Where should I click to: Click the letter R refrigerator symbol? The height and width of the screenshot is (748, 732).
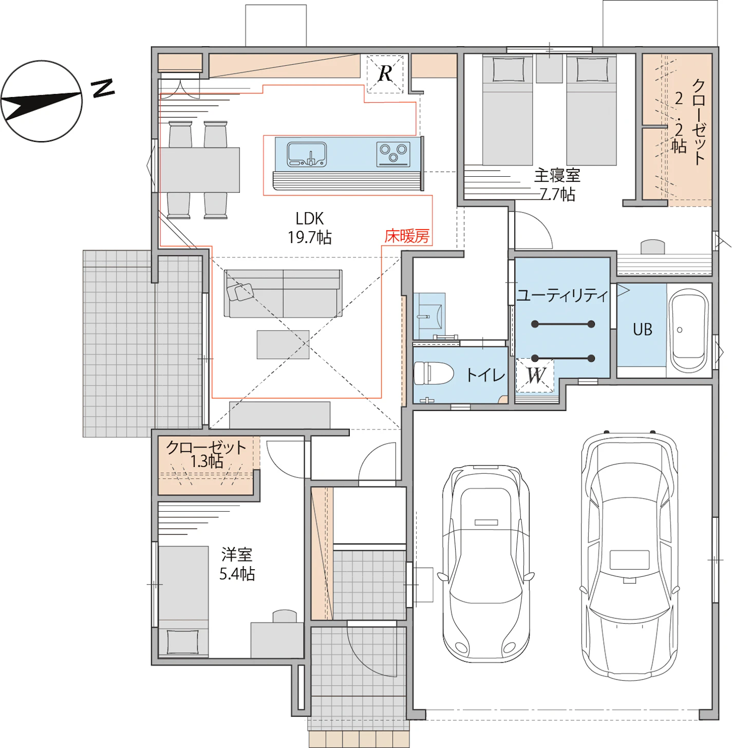385,74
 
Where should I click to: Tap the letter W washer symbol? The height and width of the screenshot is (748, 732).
535,375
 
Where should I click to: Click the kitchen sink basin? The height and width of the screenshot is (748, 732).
307,155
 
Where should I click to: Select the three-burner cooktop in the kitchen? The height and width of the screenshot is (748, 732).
393,154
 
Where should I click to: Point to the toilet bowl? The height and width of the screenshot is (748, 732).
434,373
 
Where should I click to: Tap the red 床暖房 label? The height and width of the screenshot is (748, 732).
407,236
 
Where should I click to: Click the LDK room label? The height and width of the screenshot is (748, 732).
309,218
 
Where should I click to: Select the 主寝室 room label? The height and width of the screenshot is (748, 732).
557,176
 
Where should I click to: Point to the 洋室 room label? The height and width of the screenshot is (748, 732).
237,554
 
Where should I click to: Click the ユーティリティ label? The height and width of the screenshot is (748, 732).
562,296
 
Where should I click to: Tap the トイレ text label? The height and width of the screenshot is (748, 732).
485,375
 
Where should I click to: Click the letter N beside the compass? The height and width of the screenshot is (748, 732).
103,88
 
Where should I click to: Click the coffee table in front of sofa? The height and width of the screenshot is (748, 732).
283,345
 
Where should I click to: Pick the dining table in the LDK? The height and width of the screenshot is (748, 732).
199,170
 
